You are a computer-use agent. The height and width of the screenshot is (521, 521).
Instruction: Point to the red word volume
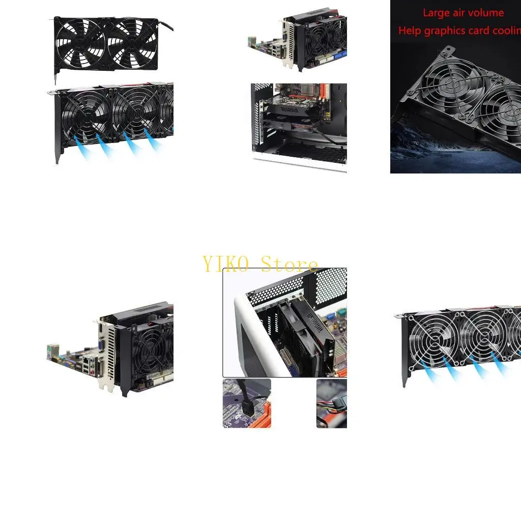pyautogui.click(x=487, y=13)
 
